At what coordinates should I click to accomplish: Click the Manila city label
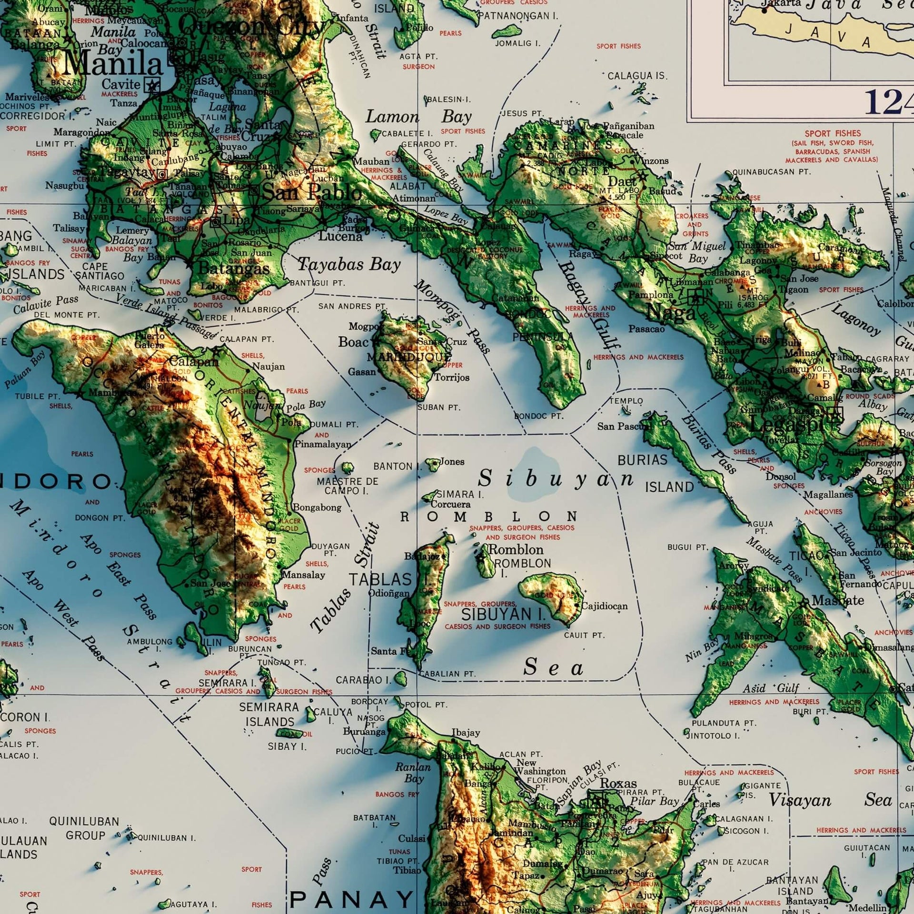(113, 64)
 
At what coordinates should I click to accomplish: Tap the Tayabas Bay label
(349, 264)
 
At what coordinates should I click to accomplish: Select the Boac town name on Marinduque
(353, 342)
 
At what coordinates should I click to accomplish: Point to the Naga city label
(671, 313)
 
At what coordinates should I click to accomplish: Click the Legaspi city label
(786, 423)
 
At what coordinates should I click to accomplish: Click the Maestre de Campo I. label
(347, 486)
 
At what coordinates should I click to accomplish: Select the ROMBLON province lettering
(489, 517)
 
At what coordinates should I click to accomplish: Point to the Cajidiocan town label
(604, 606)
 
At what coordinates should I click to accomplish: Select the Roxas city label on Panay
(618, 783)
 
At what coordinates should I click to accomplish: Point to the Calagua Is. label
(636, 76)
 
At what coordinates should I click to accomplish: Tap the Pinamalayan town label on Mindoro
(323, 444)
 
